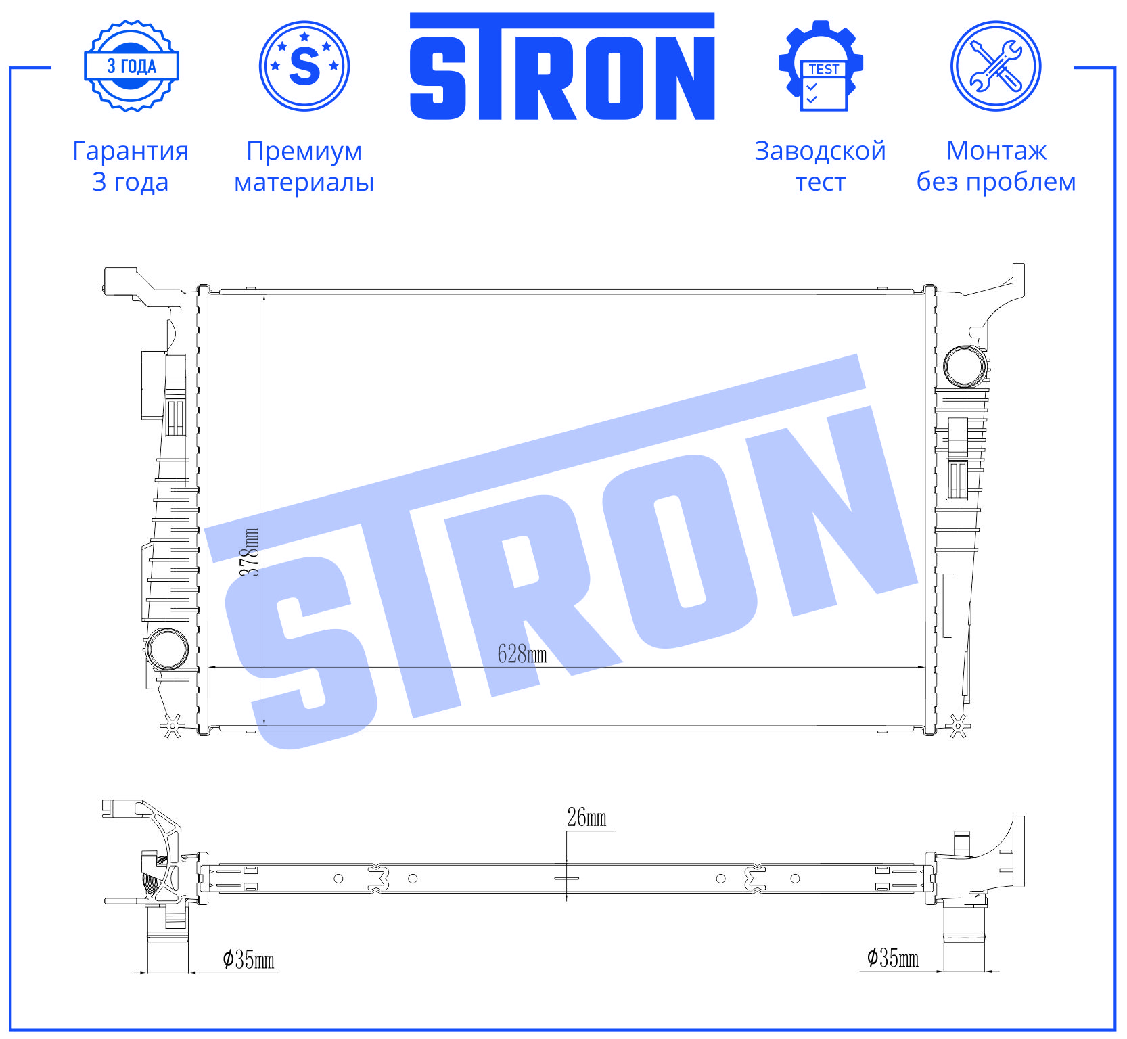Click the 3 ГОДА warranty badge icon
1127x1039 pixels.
pos(131,66)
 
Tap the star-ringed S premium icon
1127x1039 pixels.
pos(304,66)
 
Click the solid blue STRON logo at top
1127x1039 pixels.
pos(562,66)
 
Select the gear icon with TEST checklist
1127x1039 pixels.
pos(821,66)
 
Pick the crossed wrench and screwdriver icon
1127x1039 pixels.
pos(996,66)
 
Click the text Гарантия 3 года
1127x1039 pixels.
pos(131,166)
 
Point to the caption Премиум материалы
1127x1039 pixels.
pos(304,166)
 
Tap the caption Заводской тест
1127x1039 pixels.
pos(821,166)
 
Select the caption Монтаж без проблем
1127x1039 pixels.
pos(996,166)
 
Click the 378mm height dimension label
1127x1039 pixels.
pos(250,552)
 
